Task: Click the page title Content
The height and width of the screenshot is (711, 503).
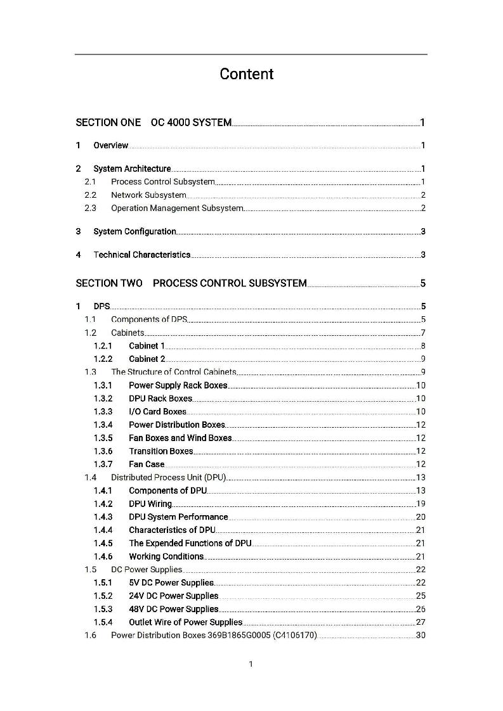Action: [x=247, y=74]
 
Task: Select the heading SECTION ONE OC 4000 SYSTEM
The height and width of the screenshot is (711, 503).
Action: [x=154, y=122]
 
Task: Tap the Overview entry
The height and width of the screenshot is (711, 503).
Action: [x=110, y=146]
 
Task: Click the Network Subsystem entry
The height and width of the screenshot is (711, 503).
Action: [x=148, y=195]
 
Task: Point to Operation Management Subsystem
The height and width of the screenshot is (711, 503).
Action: [x=176, y=208]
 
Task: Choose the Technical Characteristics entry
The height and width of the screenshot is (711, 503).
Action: [x=141, y=255]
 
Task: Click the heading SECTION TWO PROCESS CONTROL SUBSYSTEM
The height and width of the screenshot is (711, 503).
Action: [x=191, y=283]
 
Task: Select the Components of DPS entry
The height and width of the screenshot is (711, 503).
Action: [x=148, y=319]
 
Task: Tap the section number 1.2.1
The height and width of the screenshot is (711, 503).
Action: [x=103, y=346]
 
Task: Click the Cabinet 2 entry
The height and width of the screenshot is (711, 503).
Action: [x=147, y=359]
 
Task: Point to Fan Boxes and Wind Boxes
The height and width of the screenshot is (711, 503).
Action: [x=180, y=438]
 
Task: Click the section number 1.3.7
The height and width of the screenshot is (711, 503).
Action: [x=103, y=464]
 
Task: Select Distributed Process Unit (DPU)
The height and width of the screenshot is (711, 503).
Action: [x=168, y=477]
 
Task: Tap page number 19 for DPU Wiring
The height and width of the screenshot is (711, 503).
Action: [x=421, y=504]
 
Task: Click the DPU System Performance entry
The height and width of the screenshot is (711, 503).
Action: [x=178, y=517]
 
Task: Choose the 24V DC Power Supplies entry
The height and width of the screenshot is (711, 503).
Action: [x=173, y=596]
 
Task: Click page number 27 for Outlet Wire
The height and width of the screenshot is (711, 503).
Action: [x=421, y=622]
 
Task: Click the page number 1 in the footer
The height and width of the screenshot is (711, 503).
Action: [x=251, y=664]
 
